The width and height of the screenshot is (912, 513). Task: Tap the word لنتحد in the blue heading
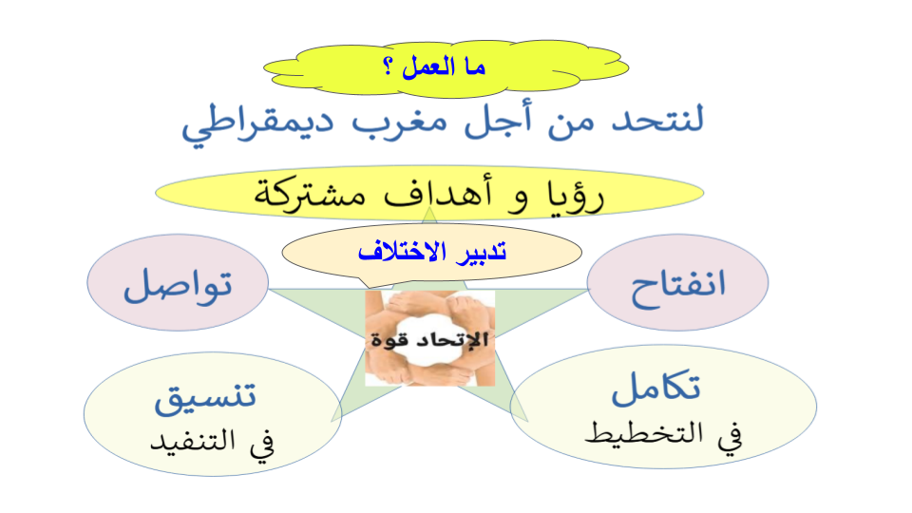pyautogui.click(x=657, y=119)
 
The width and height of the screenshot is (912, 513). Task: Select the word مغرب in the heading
pyautogui.click(x=399, y=123)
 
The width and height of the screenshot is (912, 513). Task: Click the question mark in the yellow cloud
pyautogui.click(x=389, y=66)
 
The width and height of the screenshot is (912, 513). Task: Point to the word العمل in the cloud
pyautogui.click(x=428, y=66)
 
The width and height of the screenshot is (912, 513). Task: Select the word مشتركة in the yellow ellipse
pyautogui.click(x=310, y=194)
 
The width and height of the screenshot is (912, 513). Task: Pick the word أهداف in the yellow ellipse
pyautogui.click(x=438, y=192)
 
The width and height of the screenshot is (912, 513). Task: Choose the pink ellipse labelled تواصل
pyautogui.click(x=178, y=283)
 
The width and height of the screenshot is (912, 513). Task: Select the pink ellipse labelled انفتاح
pyautogui.click(x=677, y=283)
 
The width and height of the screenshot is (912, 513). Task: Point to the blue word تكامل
pyautogui.click(x=656, y=388)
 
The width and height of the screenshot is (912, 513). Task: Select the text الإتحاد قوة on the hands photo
pyautogui.click(x=429, y=340)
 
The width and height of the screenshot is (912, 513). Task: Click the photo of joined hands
pyautogui.click(x=429, y=338)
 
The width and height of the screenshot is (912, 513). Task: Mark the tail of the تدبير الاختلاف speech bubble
pyautogui.click(x=369, y=287)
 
